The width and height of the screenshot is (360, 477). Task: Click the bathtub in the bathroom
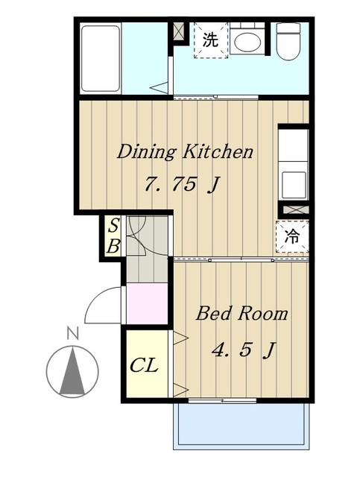[101, 58]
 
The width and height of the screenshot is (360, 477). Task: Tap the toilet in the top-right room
[288, 42]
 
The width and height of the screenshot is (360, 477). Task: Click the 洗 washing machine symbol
[211, 40]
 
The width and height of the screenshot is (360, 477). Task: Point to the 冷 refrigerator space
[292, 237]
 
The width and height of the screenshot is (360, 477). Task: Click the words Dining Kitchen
[185, 151]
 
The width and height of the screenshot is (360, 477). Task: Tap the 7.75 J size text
[182, 184]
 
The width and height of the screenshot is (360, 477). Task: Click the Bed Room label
[241, 313]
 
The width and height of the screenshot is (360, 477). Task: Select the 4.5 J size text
[244, 350]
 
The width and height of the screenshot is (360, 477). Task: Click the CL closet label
[144, 365]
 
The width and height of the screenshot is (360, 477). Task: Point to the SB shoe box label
[113, 236]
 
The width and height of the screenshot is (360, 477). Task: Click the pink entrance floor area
[147, 303]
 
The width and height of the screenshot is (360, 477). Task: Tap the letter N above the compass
[73, 333]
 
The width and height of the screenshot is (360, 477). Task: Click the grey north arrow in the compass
[72, 372]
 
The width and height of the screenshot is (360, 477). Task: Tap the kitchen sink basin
[294, 186]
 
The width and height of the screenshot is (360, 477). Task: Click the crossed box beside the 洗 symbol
[178, 31]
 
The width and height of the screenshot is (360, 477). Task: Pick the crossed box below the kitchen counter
[294, 209]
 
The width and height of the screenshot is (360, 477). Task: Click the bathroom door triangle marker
[160, 88]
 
